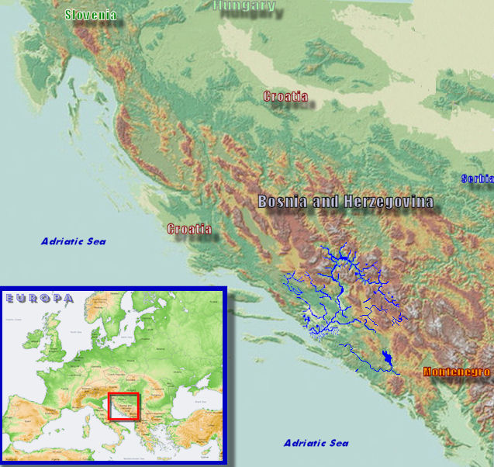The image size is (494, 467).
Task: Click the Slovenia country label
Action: point(91,15)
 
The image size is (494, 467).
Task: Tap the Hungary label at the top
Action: point(244,6)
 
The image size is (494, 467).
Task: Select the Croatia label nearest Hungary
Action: point(285,97)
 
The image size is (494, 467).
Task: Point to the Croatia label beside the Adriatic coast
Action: point(189,230)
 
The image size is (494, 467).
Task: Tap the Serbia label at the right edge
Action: point(477,178)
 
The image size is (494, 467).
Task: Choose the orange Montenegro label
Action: point(458,372)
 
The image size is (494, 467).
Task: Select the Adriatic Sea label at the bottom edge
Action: point(316,443)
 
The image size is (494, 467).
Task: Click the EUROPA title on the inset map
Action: point(38,298)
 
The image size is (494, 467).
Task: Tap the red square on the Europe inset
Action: point(123,406)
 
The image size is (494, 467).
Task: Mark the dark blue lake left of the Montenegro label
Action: point(385,358)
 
